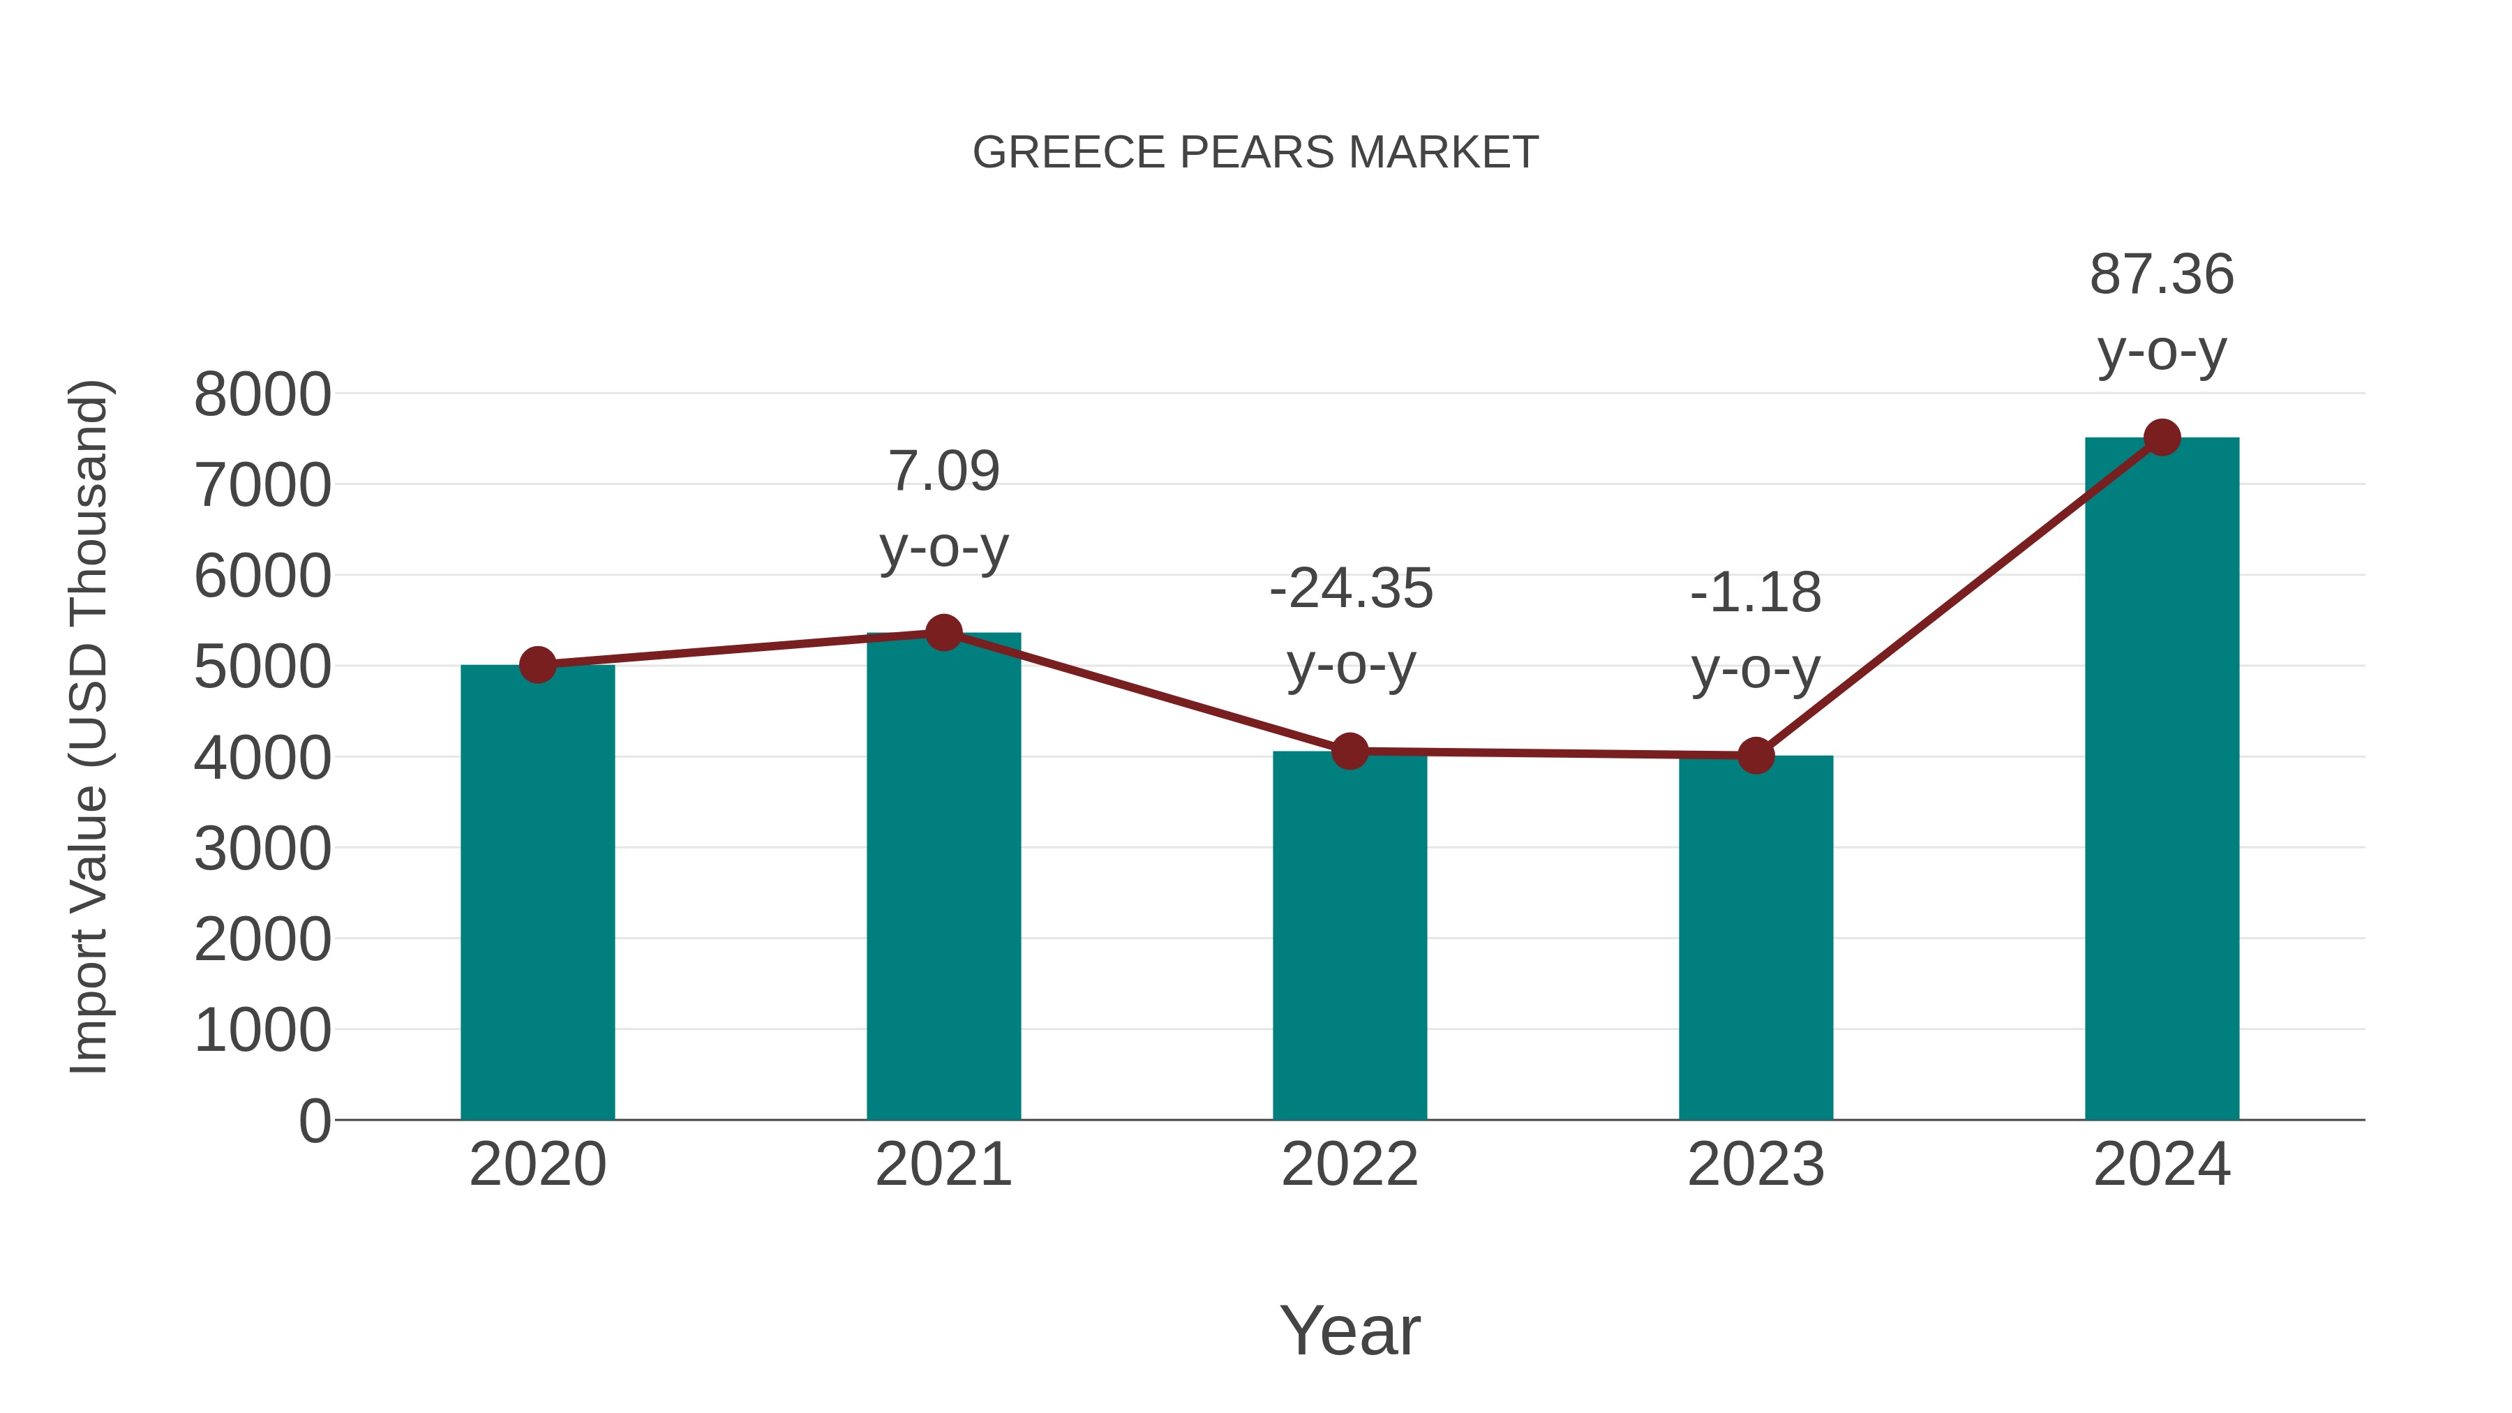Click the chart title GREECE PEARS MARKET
[x=1255, y=153]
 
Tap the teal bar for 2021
[x=943, y=878]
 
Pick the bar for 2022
[x=1350, y=936]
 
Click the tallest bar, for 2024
[x=2162, y=780]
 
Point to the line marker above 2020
[x=537, y=666]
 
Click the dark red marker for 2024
[x=2162, y=438]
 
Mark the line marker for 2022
[x=1350, y=752]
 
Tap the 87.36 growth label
[x=2162, y=275]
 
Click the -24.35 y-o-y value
[x=1351, y=589]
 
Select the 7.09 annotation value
[x=944, y=472]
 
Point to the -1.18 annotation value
[x=1756, y=593]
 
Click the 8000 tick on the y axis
[x=262, y=395]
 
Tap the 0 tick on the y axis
[x=314, y=1121]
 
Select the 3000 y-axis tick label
[x=262, y=849]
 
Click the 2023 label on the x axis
[x=1756, y=1165]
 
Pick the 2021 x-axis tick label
[x=943, y=1165]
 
